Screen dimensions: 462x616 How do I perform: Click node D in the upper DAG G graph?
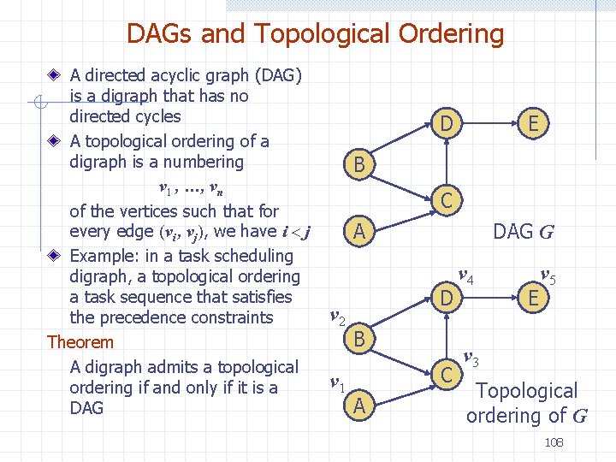[446, 125]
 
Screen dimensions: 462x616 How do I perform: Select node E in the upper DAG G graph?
[533, 125]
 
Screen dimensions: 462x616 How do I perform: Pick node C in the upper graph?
[447, 200]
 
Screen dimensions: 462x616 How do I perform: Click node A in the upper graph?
[360, 231]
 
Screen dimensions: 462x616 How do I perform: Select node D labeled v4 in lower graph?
[446, 299]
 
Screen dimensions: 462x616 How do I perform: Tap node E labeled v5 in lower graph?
[533, 299]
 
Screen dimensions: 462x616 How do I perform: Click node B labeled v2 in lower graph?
[360, 339]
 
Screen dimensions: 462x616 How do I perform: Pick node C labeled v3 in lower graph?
[446, 374]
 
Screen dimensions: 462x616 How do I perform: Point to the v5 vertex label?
[548, 276]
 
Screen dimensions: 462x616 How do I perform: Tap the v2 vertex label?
[337, 319]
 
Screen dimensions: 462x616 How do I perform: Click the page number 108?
[554, 442]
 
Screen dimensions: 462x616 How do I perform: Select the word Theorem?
[80, 342]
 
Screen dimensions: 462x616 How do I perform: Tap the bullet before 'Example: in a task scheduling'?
[54, 256]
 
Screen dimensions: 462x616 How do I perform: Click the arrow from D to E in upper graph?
[489, 125]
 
